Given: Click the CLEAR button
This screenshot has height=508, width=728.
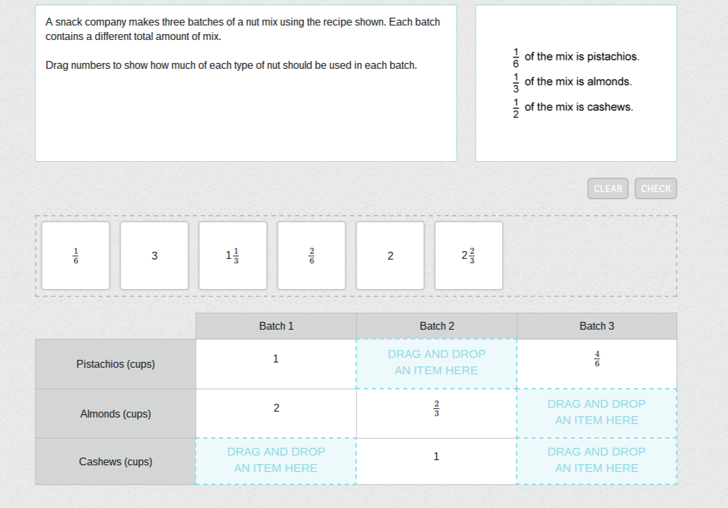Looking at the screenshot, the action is click(x=607, y=189).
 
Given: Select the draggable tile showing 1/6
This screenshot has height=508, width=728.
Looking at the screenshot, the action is click(x=75, y=256).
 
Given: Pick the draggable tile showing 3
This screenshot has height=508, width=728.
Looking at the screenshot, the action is click(x=154, y=256).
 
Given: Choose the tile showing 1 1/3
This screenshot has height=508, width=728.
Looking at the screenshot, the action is click(x=233, y=256).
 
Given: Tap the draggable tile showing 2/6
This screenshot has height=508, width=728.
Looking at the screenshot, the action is click(x=311, y=256).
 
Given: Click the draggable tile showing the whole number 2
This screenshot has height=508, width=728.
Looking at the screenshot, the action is click(x=390, y=256).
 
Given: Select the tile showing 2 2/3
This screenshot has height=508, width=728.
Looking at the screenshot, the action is click(x=469, y=256).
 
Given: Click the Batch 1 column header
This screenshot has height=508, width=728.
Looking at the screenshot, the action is click(x=277, y=326).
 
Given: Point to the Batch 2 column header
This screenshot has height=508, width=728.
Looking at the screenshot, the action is click(x=436, y=326).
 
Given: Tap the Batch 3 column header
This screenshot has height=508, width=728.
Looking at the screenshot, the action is click(x=596, y=326).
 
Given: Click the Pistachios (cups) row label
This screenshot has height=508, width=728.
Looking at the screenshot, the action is click(x=115, y=364).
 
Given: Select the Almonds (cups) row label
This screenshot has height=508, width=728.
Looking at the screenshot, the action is click(x=115, y=414).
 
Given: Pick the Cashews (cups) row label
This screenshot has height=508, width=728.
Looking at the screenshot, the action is click(x=115, y=461).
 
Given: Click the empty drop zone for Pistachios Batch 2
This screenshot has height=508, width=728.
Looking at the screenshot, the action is click(x=436, y=364).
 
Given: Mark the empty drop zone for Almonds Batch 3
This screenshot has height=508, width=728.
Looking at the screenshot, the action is click(x=596, y=413).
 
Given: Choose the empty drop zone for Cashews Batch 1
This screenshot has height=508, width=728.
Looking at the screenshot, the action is click(x=277, y=461).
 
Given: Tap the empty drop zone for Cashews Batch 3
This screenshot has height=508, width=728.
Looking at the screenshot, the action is click(x=596, y=461).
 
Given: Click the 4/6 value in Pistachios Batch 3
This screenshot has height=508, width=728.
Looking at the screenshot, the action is click(x=597, y=359).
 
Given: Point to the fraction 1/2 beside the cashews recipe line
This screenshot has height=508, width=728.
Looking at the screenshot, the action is click(x=516, y=108).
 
